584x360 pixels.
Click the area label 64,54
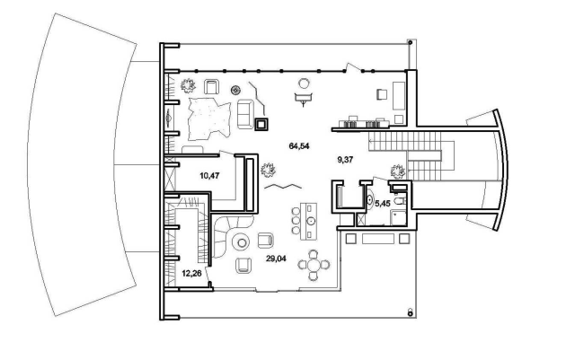tap(299, 146)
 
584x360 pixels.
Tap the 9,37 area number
tap(345, 160)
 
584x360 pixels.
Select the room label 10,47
tap(209, 175)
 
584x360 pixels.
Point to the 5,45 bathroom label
tap(382, 204)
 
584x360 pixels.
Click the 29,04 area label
tap(276, 259)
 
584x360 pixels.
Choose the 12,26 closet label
tap(191, 274)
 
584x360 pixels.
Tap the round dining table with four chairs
tap(314, 265)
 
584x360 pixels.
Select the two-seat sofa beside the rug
tap(244, 114)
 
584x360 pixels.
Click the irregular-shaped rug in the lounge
tap(209, 119)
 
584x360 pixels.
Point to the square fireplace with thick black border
tap(261, 125)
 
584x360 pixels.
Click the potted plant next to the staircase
tap(397, 171)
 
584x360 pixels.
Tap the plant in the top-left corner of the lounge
tap(188, 85)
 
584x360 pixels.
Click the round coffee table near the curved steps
tap(242, 242)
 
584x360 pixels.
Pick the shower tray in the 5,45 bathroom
tap(399, 218)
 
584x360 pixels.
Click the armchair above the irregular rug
tap(211, 87)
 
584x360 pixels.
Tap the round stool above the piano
tap(304, 83)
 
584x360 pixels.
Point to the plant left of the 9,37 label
tap(268, 170)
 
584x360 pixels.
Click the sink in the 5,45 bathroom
tap(369, 200)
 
